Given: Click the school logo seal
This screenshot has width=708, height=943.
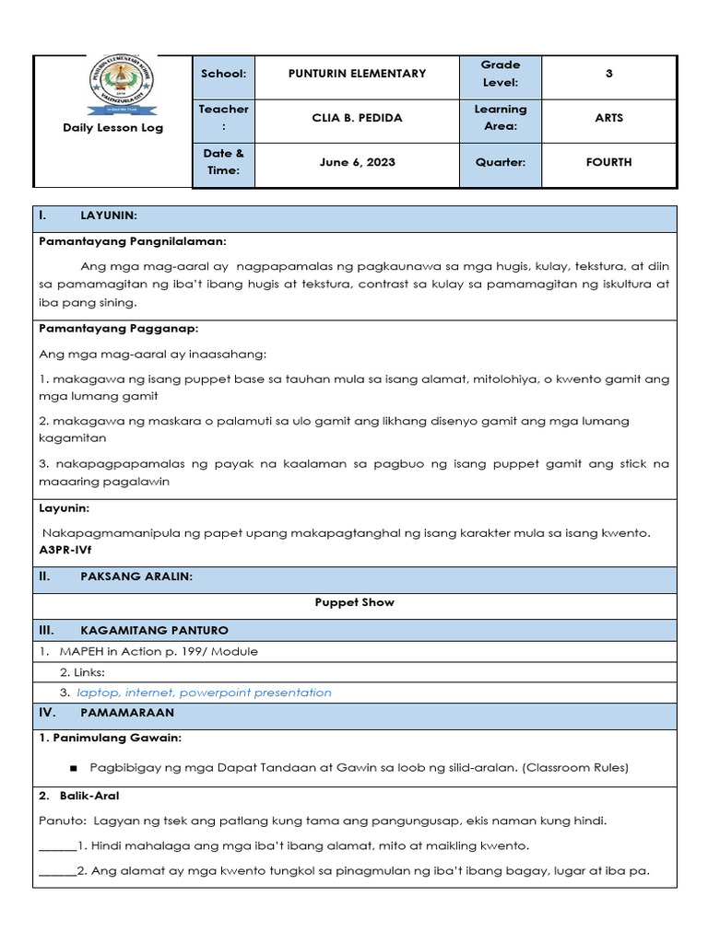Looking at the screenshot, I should (x=122, y=86).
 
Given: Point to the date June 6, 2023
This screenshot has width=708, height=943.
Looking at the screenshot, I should (x=358, y=162).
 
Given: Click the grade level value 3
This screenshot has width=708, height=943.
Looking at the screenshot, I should (x=608, y=74).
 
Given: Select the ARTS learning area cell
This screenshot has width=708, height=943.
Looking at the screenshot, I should (x=608, y=118).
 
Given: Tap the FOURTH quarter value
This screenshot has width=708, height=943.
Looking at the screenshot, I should (x=608, y=162).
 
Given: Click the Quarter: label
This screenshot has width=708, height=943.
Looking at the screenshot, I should (x=501, y=162).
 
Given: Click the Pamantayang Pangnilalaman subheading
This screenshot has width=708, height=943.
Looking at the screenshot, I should (x=132, y=241).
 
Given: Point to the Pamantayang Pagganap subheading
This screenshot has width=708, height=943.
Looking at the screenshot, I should (x=118, y=328).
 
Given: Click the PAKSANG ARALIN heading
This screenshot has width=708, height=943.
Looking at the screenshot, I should (x=136, y=577).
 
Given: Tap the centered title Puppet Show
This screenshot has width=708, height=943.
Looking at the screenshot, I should (x=355, y=603).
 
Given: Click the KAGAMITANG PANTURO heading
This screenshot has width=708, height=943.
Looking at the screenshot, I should (x=154, y=631).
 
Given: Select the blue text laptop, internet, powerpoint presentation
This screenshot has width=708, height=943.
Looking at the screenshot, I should (x=204, y=693).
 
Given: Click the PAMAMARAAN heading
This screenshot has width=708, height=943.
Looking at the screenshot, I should (x=127, y=713).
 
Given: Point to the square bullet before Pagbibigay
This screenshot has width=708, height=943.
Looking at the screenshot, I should (x=73, y=767).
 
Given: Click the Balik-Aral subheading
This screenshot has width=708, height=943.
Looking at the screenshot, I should (x=84, y=795).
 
